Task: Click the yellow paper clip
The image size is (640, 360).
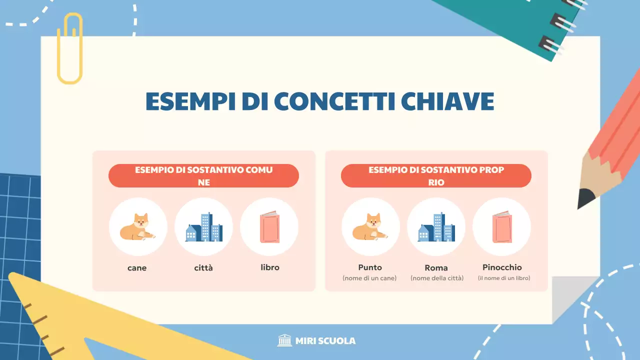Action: click(x=69, y=49)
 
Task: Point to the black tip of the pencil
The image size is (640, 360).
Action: click(x=585, y=199)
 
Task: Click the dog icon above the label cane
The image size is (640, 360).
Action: click(x=137, y=227)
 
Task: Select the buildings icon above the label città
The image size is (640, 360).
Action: click(x=203, y=227)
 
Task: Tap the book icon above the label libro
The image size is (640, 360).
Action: click(x=269, y=227)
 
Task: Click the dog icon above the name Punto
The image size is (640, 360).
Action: click(x=370, y=227)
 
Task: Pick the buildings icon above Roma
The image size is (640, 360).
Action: click(x=436, y=227)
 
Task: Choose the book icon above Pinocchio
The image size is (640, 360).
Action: click(x=501, y=227)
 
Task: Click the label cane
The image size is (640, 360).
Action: click(x=137, y=268)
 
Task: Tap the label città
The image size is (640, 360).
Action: click(x=203, y=268)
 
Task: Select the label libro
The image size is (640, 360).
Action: click(x=270, y=267)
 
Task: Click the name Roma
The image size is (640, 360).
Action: click(x=436, y=268)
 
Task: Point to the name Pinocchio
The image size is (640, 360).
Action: click(x=502, y=267)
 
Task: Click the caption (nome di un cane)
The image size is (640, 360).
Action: click(x=369, y=278)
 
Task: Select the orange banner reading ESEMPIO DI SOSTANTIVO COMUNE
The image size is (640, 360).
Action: click(x=203, y=176)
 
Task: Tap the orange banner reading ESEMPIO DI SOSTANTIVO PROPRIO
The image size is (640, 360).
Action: click(x=436, y=176)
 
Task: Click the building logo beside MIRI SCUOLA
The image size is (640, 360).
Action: click(x=284, y=340)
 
